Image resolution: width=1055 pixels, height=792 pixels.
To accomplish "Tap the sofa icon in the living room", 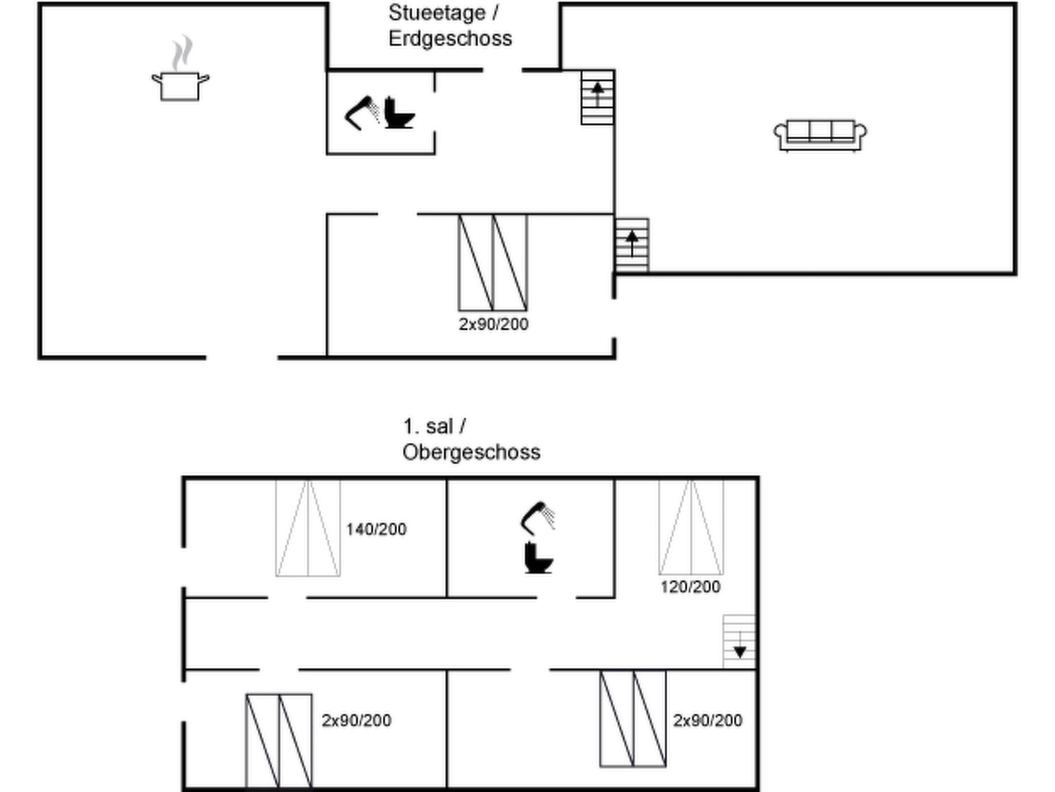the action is coord(820,136).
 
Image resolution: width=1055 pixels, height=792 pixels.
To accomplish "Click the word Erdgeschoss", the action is coord(450,39).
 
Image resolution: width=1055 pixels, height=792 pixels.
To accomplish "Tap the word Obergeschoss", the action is coord(471,452).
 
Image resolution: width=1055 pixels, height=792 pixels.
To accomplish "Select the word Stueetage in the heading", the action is coord(437,13).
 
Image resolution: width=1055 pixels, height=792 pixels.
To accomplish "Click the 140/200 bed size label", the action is coord(376,529).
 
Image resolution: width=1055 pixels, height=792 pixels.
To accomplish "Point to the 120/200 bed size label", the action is coord(690,587).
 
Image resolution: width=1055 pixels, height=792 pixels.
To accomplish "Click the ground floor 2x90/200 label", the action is coord(494,324).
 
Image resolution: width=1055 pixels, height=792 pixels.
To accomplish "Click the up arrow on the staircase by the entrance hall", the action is coord(598,94).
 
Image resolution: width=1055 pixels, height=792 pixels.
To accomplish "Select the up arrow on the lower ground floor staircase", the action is coord(632,243).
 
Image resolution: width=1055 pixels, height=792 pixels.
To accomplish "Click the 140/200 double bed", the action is coord(308,528).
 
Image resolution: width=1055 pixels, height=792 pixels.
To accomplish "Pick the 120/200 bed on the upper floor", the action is coord(691,527).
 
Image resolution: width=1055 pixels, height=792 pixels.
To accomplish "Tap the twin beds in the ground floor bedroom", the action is coord(493,262).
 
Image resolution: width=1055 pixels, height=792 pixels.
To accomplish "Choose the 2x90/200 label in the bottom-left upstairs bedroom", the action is coord(356,720).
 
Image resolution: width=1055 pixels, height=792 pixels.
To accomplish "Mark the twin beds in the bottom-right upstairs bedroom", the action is coord(633,718).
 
